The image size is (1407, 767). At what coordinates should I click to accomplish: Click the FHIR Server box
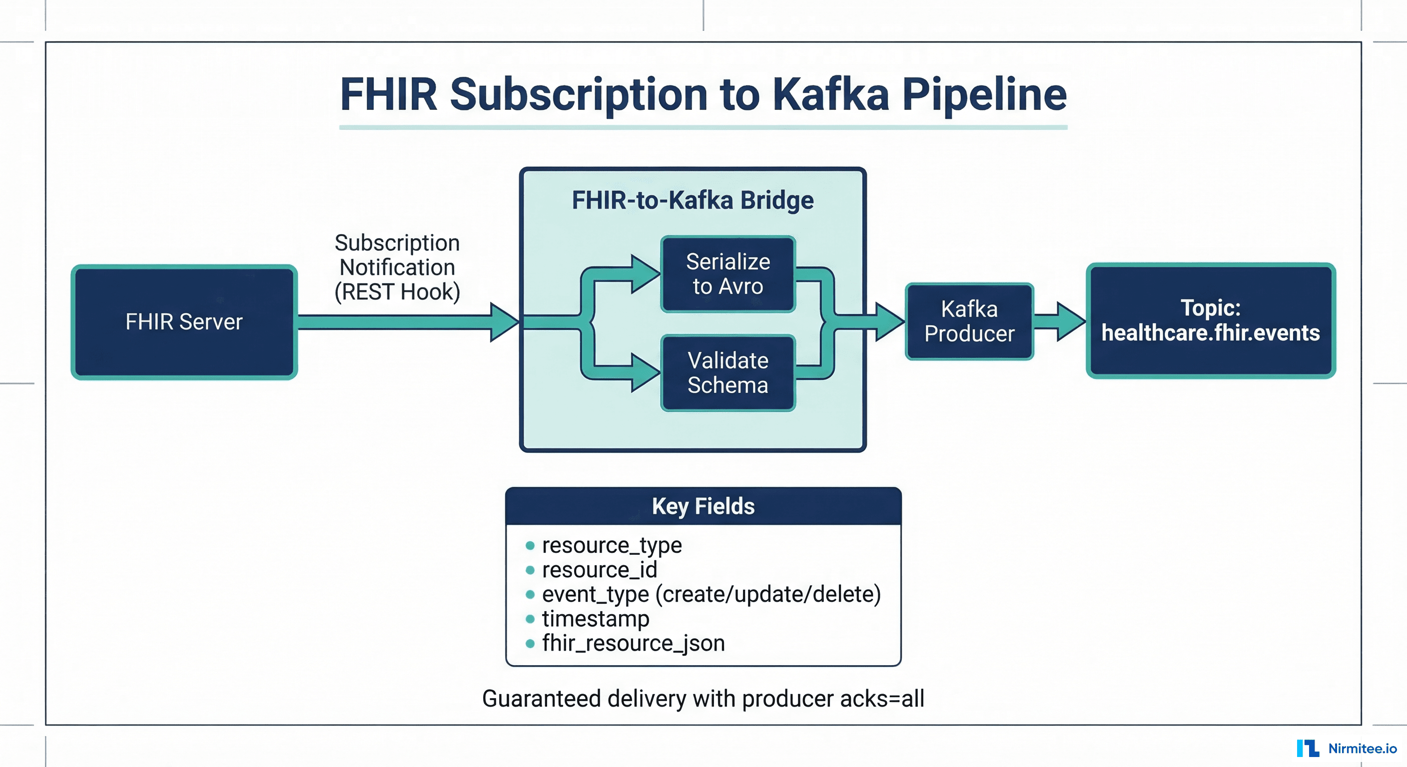pyautogui.click(x=184, y=322)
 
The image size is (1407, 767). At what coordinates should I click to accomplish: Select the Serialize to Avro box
pyautogui.click(x=727, y=274)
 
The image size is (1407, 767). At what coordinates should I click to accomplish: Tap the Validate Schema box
pyautogui.click(x=727, y=373)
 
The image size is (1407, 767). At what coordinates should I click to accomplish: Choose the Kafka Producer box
pyautogui.click(x=969, y=322)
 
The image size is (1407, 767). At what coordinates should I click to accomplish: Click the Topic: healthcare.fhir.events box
pyautogui.click(x=1210, y=321)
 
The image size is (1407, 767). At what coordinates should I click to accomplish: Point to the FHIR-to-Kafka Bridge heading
pyautogui.click(x=693, y=200)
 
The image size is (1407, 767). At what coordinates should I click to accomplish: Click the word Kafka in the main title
pyautogui.click(x=830, y=94)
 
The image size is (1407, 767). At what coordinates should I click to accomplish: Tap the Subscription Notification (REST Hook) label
pyautogui.click(x=397, y=268)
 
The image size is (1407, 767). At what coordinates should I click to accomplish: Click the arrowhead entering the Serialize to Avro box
pyautogui.click(x=645, y=274)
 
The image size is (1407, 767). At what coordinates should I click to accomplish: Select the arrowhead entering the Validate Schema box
pyautogui.click(x=645, y=373)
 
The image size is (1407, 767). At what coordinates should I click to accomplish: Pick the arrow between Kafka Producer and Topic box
pyautogui.click(x=1060, y=322)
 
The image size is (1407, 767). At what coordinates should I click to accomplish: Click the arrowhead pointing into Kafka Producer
pyautogui.click(x=889, y=322)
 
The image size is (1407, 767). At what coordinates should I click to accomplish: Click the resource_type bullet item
pyautogui.click(x=611, y=545)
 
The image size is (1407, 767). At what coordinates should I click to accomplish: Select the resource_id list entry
pyautogui.click(x=599, y=570)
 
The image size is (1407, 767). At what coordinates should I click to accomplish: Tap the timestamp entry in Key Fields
pyautogui.click(x=596, y=619)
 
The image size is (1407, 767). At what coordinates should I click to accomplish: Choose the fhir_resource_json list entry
pyautogui.click(x=633, y=644)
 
